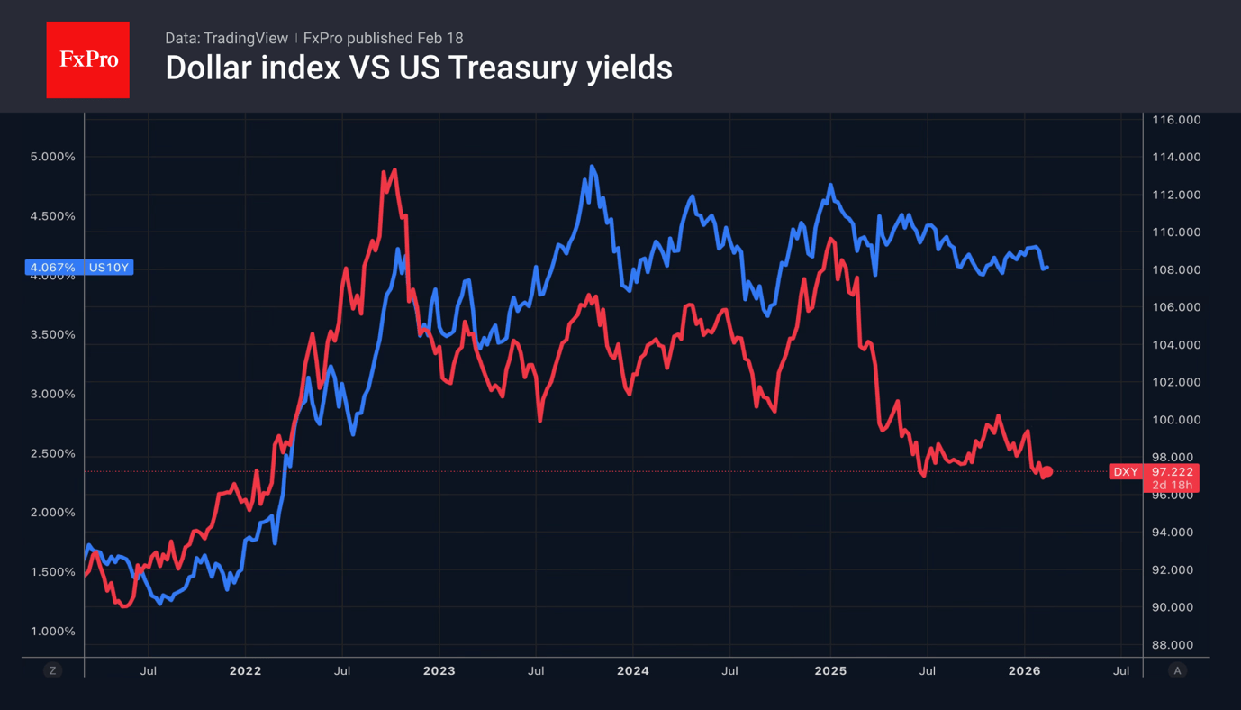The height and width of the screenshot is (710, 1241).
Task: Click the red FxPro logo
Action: pyautogui.click(x=87, y=59)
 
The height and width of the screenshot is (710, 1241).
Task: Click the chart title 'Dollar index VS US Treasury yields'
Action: pyautogui.click(x=418, y=68)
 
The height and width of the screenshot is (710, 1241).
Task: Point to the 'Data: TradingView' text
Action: pyautogui.click(x=225, y=38)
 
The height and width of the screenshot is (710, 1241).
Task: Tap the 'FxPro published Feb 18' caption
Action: pyautogui.click(x=383, y=38)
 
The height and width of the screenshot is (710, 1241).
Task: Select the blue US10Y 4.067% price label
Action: pyautogui.click(x=80, y=268)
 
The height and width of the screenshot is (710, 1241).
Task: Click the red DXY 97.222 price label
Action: pyautogui.click(x=1153, y=471)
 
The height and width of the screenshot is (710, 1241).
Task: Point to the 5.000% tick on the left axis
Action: pyautogui.click(x=52, y=157)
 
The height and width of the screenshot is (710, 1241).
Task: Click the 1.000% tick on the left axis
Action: pyautogui.click(x=52, y=632)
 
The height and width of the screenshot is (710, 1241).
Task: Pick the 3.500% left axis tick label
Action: pyautogui.click(x=52, y=334)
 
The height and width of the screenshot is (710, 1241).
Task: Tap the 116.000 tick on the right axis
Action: pyautogui.click(x=1177, y=120)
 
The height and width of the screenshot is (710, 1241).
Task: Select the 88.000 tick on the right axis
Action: pyautogui.click(x=1177, y=645)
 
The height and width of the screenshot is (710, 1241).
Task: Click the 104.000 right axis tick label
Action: pyautogui.click(x=1177, y=345)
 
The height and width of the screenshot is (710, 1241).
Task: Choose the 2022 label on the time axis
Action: pyautogui.click(x=245, y=671)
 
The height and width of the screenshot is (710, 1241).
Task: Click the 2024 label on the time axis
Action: pyautogui.click(x=633, y=671)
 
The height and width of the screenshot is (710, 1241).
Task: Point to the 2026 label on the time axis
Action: pyautogui.click(x=1024, y=671)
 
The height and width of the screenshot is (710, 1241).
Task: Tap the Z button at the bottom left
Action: pyautogui.click(x=53, y=670)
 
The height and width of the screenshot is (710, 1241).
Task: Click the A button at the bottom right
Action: pyautogui.click(x=1177, y=670)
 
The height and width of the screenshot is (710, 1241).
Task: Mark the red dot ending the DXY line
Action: pyautogui.click(x=1047, y=472)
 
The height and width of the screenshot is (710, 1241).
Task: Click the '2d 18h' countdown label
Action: pyautogui.click(x=1172, y=486)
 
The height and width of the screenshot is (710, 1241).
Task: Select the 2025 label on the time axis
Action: pyautogui.click(x=830, y=671)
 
